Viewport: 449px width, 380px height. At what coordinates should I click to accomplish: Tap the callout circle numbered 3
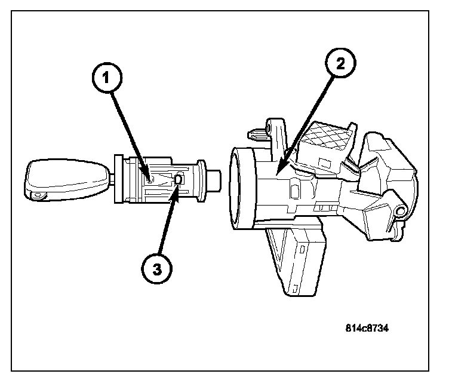pos(156,269)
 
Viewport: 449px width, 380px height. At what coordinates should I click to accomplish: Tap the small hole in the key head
pos(39,194)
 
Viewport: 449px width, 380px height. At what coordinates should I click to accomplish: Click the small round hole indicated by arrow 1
pos(150,178)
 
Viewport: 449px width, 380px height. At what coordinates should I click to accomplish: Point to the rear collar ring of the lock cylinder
pos(201,177)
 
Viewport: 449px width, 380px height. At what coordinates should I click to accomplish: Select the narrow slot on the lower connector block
pos(305,247)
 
